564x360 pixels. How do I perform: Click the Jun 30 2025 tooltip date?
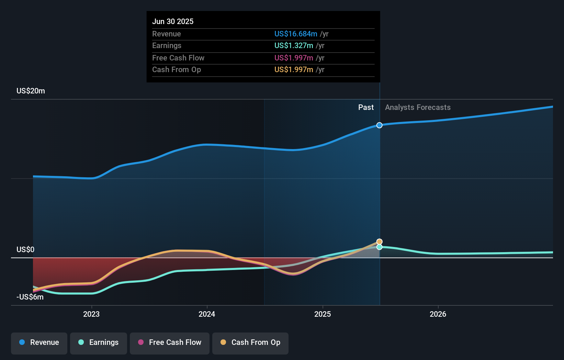point(173,21)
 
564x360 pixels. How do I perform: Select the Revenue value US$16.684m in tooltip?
point(296,34)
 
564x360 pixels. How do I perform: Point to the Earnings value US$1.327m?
point(294,46)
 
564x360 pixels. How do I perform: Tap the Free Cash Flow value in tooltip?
point(294,58)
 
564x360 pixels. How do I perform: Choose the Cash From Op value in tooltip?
point(294,70)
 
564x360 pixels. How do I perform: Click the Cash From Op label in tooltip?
point(177,70)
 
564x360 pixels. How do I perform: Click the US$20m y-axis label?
point(31,91)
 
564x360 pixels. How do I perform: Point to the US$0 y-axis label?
point(25,249)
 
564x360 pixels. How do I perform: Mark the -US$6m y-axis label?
point(30,297)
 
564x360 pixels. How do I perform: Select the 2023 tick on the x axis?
point(91,314)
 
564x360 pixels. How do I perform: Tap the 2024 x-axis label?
point(207,314)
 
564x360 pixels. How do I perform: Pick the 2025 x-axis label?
point(323,314)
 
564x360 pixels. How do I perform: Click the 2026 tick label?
point(438,314)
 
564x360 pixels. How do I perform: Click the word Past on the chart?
point(366,108)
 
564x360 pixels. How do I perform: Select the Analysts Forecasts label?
point(418,108)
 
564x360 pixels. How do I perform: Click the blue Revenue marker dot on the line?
point(379,125)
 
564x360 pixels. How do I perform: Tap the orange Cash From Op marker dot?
point(379,242)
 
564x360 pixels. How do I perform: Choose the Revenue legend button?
point(39,342)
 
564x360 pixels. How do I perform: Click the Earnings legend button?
point(99,342)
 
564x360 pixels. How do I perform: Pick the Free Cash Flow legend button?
point(170,342)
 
